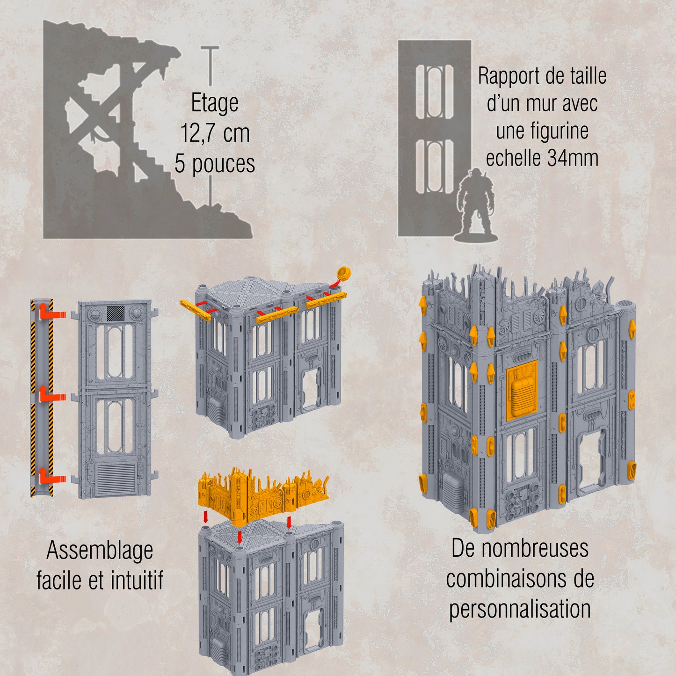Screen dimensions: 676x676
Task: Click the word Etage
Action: (x=214, y=103)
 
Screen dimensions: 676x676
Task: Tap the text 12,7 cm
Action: (x=215, y=133)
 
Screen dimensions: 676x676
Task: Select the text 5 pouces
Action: (x=215, y=164)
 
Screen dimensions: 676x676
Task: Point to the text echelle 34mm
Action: (x=542, y=158)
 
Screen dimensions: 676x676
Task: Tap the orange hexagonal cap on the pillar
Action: (x=343, y=272)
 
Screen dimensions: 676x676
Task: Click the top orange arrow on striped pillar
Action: (x=51, y=313)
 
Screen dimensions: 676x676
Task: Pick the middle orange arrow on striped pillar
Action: (x=51, y=396)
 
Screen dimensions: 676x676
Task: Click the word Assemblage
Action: (x=100, y=551)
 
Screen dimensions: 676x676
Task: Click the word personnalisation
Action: (x=520, y=610)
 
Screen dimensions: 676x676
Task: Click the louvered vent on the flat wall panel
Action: (x=115, y=478)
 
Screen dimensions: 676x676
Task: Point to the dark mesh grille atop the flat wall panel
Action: (x=115, y=313)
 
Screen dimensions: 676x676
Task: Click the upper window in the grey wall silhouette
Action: (x=435, y=92)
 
